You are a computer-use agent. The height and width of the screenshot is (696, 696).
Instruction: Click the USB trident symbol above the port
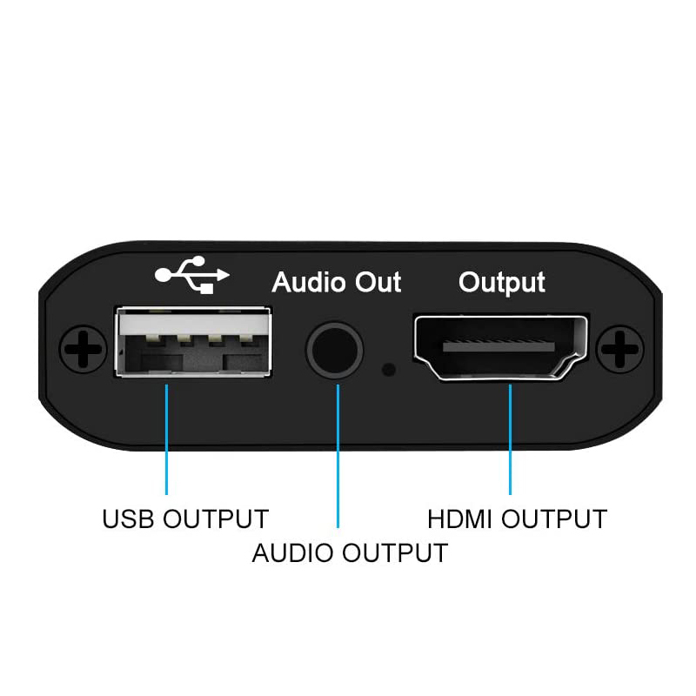pyautogui.click(x=191, y=275)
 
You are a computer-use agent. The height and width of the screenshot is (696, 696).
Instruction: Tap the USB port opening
pyautogui.click(x=193, y=342)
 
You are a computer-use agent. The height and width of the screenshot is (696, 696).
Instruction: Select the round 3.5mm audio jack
pyautogui.click(x=335, y=350)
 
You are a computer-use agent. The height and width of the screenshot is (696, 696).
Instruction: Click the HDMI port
pyautogui.click(x=501, y=348)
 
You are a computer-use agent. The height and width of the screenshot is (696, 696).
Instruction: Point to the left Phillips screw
pyautogui.click(x=83, y=349)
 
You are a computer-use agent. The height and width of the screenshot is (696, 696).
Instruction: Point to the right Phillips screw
pyautogui.click(x=619, y=349)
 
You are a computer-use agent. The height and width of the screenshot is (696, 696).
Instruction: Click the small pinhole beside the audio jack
pyautogui.click(x=389, y=369)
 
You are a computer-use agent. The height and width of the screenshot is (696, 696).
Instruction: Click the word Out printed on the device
pyautogui.click(x=378, y=282)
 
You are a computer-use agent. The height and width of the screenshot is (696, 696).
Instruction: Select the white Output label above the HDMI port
pyautogui.click(x=502, y=284)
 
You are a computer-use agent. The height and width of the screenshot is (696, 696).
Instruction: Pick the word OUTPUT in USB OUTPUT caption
pyautogui.click(x=216, y=519)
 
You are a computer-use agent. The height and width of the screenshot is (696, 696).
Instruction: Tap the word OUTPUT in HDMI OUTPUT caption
pyautogui.click(x=554, y=519)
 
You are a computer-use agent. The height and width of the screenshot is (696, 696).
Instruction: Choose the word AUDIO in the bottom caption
pyautogui.click(x=292, y=553)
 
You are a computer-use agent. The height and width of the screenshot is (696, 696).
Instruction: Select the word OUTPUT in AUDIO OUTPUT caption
pyautogui.click(x=395, y=553)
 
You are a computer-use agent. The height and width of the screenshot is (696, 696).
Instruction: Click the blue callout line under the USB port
pyautogui.click(x=166, y=439)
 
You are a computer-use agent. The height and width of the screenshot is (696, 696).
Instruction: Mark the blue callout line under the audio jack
pyautogui.click(x=338, y=456)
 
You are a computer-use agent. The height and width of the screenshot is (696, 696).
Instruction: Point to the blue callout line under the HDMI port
pyautogui.click(x=510, y=439)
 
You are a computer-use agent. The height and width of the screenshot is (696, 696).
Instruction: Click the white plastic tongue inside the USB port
pyautogui.click(x=193, y=324)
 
